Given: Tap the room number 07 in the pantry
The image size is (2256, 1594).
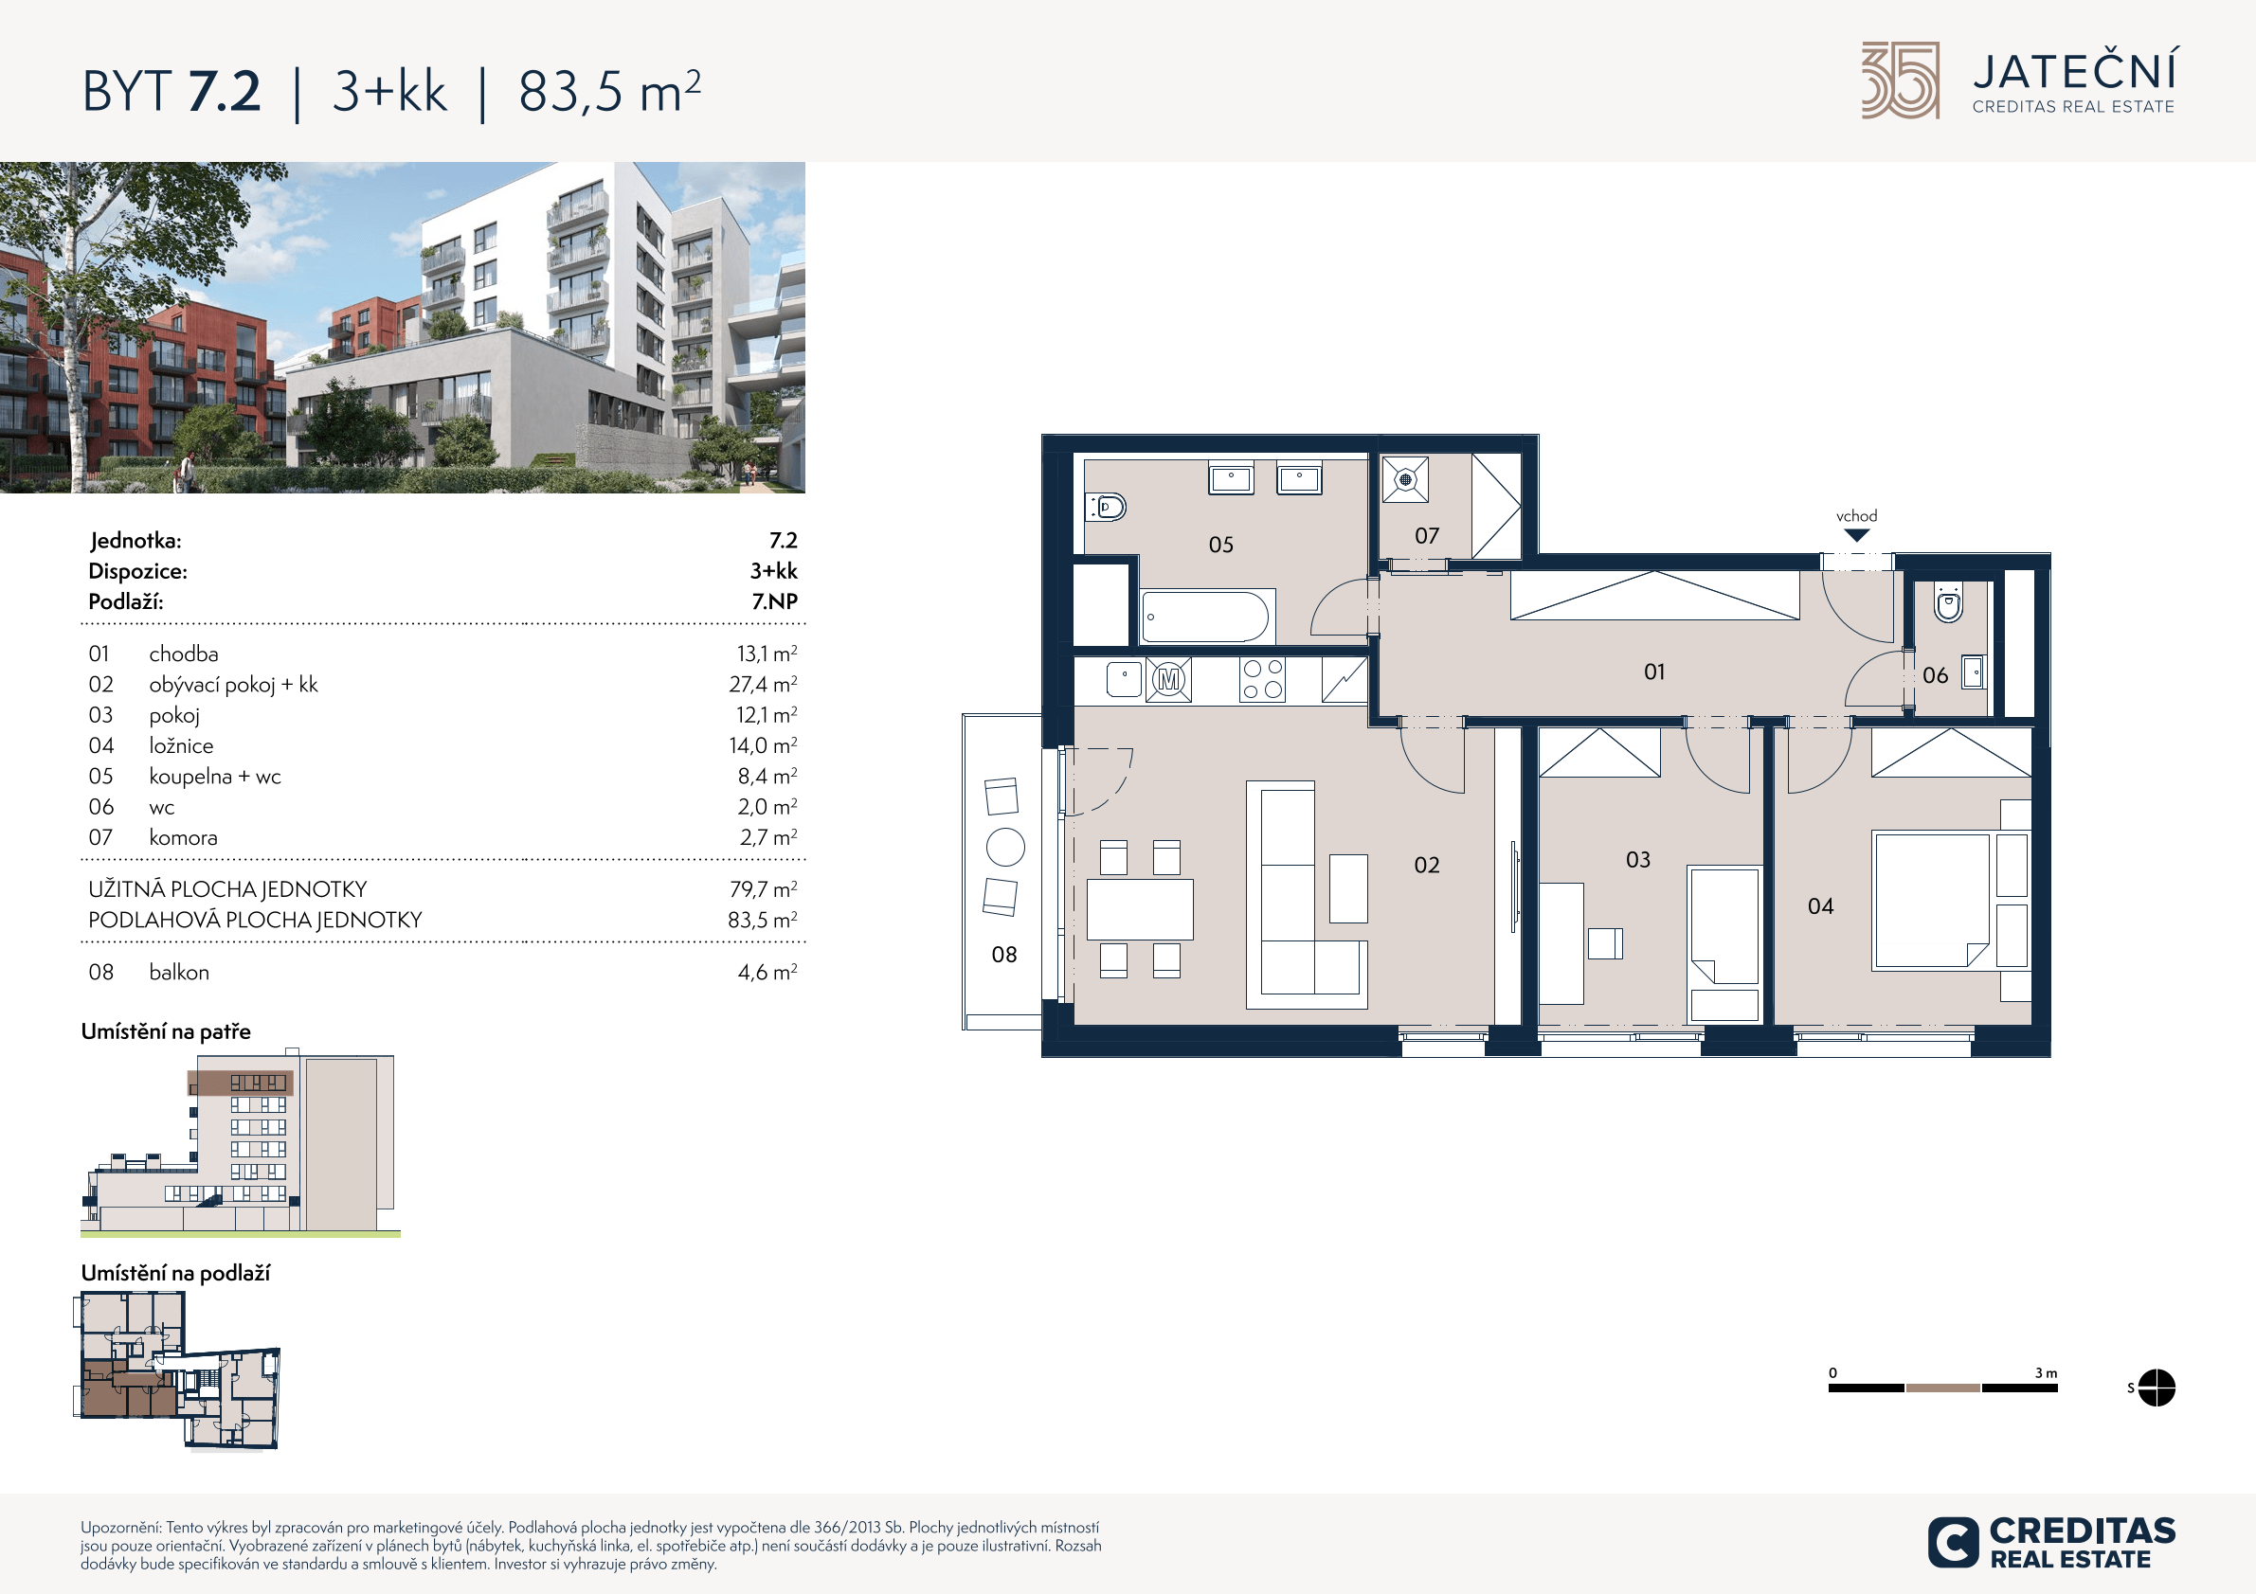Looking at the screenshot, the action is (x=1427, y=536).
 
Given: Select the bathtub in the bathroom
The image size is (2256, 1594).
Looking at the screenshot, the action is (x=1207, y=617).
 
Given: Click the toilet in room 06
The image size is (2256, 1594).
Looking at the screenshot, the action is (x=1948, y=602).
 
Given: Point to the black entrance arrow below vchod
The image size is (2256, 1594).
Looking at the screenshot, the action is (x=1856, y=535).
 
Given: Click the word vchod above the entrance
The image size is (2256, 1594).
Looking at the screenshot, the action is (x=1856, y=515).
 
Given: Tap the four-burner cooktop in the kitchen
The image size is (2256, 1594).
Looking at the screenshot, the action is (x=1263, y=679).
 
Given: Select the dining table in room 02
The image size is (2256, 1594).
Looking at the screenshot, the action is (x=1140, y=909).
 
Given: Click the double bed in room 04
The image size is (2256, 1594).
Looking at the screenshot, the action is (x=1933, y=901).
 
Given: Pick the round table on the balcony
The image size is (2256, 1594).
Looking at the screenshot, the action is (x=1005, y=847).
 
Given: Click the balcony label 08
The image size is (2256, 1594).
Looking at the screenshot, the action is (x=1004, y=955).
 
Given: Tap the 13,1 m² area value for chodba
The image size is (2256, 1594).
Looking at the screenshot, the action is (x=767, y=654).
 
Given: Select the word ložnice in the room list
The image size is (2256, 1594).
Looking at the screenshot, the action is (x=181, y=745).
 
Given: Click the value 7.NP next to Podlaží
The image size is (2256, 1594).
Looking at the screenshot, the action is (x=774, y=601).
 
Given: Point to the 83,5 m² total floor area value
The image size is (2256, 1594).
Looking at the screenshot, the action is (x=763, y=921).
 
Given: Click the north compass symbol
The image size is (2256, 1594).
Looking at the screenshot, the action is (x=2156, y=1388).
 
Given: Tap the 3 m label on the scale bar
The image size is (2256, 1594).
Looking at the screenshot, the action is (x=2046, y=1373).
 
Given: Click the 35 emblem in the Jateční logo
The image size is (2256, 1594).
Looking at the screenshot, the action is (x=1901, y=81).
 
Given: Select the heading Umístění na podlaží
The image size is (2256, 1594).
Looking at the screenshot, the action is (x=175, y=1273).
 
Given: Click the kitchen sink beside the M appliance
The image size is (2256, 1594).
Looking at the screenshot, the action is (x=1124, y=679).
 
